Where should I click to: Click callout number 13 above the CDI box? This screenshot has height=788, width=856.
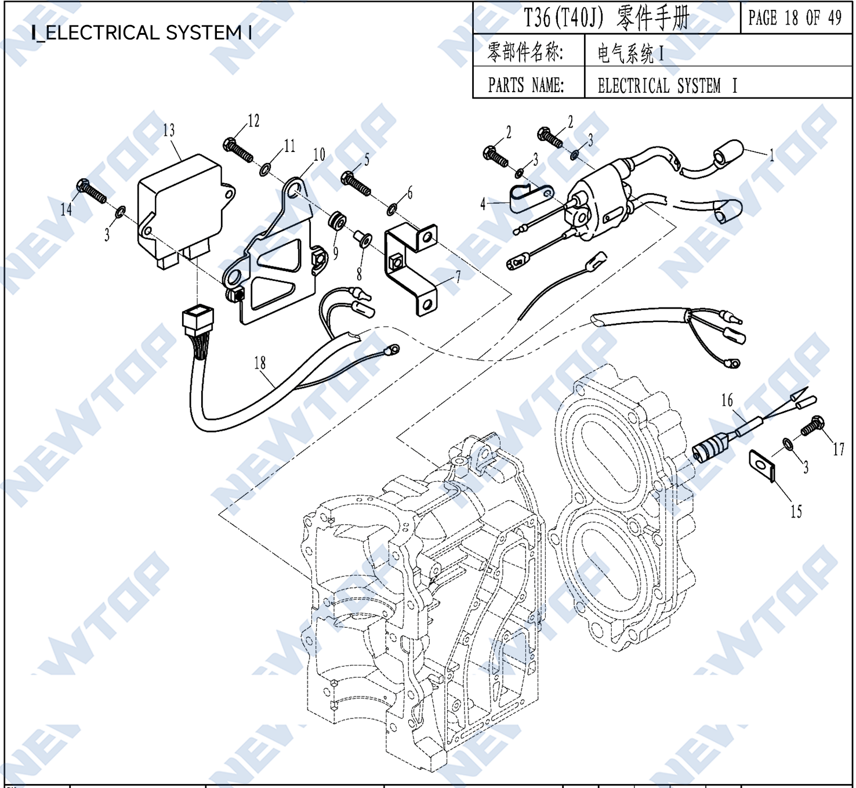[x=169, y=130]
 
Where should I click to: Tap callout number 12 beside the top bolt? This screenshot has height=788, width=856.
[x=253, y=121]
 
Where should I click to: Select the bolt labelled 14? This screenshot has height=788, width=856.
[x=91, y=191]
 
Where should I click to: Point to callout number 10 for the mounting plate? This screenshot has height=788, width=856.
[x=319, y=154]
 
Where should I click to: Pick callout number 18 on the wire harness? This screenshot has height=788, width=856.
[x=259, y=363]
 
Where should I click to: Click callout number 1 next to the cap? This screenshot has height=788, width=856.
[x=771, y=155]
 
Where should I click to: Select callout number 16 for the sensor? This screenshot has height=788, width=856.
[x=727, y=400]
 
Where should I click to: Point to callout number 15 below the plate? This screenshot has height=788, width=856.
[x=796, y=512]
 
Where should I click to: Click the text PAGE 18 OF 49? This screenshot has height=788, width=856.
[x=795, y=18]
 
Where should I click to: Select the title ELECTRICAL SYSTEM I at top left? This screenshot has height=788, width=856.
[x=142, y=32]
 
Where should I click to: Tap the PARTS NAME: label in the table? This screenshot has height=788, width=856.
[x=525, y=85]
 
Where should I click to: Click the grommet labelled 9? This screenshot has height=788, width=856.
[x=337, y=221]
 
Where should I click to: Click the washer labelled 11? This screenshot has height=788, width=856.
[x=264, y=169]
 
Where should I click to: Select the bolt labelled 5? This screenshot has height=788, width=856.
[x=356, y=184]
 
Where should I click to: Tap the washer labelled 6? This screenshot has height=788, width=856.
[x=392, y=208]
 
